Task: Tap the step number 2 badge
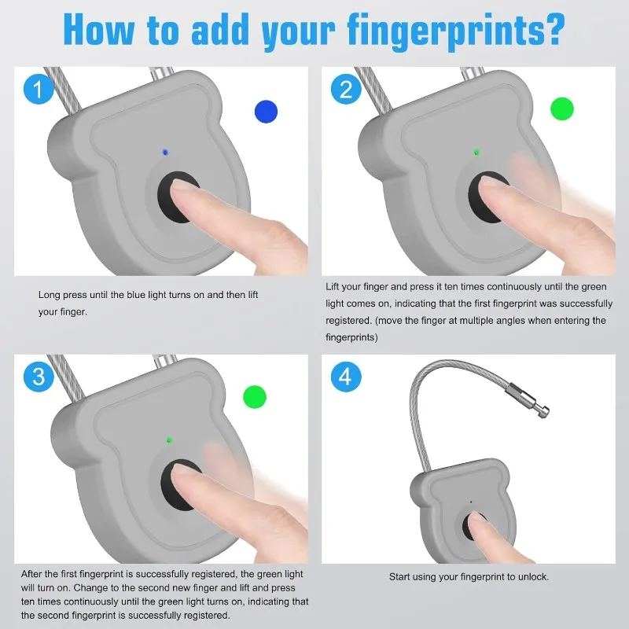click(x=346, y=89)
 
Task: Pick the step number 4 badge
click(x=346, y=377)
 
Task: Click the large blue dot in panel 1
click(x=267, y=112)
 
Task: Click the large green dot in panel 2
click(x=562, y=109)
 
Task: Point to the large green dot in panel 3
click(x=255, y=396)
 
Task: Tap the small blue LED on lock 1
click(x=164, y=152)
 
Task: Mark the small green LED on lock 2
click(x=476, y=152)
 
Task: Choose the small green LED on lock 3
click(x=170, y=440)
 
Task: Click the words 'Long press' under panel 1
click(x=63, y=295)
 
